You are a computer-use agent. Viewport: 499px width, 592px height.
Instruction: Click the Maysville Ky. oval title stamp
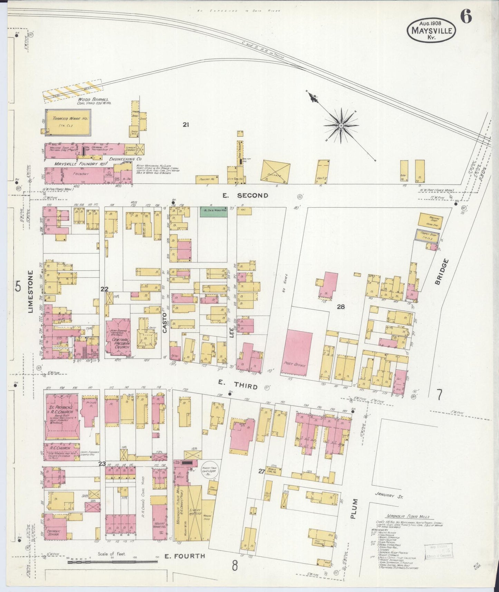(x=431, y=31)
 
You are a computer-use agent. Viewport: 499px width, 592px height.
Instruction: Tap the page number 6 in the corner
(x=466, y=17)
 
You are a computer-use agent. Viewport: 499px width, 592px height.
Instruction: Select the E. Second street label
(x=245, y=195)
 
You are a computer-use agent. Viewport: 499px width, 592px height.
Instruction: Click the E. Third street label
(x=238, y=385)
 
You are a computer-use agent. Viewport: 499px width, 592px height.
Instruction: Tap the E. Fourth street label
(x=184, y=556)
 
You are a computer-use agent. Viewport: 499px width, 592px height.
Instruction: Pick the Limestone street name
(x=30, y=292)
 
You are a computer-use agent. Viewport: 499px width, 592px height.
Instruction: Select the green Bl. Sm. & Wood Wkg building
(x=214, y=212)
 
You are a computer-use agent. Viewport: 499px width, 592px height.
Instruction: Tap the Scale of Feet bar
(x=113, y=562)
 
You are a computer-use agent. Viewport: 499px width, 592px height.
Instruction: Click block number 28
(x=340, y=306)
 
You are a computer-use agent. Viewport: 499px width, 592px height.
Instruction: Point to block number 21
(x=186, y=125)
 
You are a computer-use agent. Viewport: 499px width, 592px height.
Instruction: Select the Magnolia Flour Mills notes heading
(x=408, y=517)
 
